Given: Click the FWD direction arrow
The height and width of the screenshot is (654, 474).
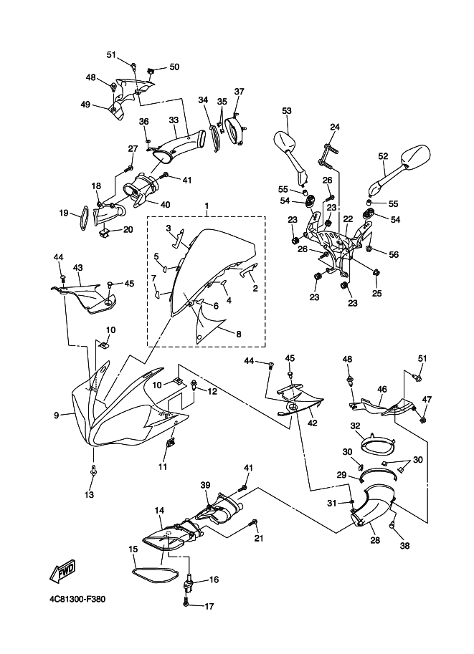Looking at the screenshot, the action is click(62, 570).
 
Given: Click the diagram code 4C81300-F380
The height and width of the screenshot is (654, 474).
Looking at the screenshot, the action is click(77, 599).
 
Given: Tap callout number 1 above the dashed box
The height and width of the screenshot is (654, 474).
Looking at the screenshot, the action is click(207, 206).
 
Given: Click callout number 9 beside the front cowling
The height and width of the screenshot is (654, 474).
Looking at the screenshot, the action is click(57, 415).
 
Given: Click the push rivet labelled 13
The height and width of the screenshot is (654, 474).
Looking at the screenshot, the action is click(93, 471).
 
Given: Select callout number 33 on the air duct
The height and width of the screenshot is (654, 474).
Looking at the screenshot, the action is click(174, 120).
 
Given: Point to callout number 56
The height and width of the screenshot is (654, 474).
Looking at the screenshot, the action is click(394, 254).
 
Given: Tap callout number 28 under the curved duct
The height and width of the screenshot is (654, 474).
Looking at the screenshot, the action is click(375, 539).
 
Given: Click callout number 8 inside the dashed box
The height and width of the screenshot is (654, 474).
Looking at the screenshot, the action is click(239, 334).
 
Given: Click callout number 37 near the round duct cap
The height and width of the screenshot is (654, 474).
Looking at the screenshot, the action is click(239, 92).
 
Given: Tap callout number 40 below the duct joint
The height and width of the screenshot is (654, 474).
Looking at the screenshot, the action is click(166, 204).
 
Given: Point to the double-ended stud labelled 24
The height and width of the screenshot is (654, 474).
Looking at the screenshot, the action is click(327, 155).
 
